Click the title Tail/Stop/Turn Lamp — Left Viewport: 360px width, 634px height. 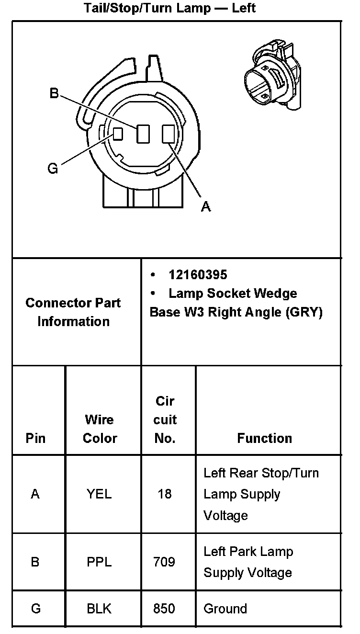pos(169,8)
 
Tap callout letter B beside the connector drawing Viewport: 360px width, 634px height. pos(54,93)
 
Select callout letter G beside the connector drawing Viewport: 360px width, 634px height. pos(53,168)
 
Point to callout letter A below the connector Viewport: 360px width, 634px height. pos(206,206)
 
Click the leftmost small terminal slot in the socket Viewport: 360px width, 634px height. pos(118,134)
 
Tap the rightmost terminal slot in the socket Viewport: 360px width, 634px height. pos(168,134)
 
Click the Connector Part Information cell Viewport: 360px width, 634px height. pos(73,312)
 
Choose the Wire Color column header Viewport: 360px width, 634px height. pos(100,429)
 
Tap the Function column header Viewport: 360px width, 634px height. pos(264,438)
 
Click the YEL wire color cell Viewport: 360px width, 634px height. pos(99,494)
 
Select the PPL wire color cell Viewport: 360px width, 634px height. pos(99,562)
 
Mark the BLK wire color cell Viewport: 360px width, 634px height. pos(99,609)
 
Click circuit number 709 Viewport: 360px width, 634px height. pos(164,562)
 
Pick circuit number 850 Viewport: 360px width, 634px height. pos(164,609)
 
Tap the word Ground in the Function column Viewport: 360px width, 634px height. pos(225,609)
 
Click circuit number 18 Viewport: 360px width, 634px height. pos(164,494)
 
